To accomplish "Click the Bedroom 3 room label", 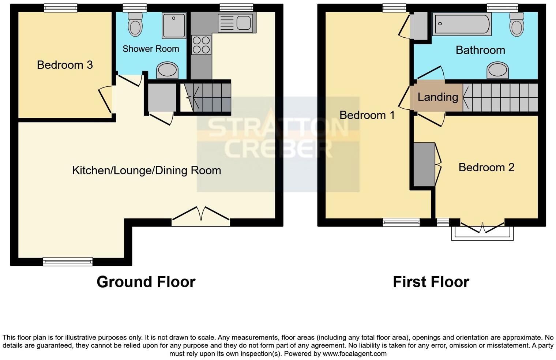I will [65, 65].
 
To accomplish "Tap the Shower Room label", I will [151, 49].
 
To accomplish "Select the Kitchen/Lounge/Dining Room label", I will [146, 170].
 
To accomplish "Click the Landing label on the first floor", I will [437, 97].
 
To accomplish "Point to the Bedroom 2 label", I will [486, 167].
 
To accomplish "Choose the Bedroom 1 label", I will [367, 115].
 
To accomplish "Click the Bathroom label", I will [480, 50].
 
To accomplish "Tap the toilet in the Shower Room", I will [135, 24].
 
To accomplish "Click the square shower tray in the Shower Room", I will [174, 25].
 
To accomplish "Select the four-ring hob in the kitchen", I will [201, 45].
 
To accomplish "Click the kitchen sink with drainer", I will [236, 23].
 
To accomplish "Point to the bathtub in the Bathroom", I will [461, 24].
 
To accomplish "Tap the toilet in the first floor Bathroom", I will [516, 24].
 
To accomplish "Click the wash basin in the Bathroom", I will [497, 70].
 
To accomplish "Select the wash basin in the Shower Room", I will [167, 70].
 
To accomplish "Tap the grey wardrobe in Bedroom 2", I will [424, 165].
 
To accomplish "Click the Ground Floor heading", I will [146, 282].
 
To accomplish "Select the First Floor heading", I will [431, 282].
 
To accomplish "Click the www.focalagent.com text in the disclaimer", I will [354, 354].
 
